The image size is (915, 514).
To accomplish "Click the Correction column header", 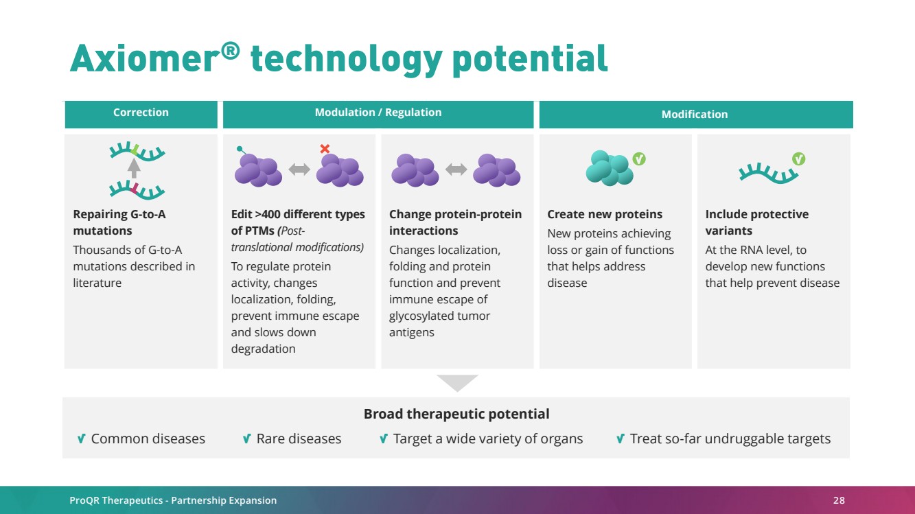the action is tap(141, 113).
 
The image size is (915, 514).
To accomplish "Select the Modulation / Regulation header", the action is tap(378, 113).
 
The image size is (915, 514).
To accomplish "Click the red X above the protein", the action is tap(325, 149).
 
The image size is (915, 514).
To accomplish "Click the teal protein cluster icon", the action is tap(610, 168).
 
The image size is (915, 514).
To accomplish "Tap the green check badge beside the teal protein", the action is tap(639, 159).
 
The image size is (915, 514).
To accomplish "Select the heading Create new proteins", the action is tap(605, 214).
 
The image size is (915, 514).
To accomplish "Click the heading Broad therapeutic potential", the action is tap(456, 414).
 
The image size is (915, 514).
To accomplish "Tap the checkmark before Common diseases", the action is tap(81, 439).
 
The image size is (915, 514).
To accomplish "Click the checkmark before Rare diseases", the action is tap(246, 439).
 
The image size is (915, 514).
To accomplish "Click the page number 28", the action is tap(839, 500).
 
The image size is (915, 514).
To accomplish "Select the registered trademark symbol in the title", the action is tap(231, 50).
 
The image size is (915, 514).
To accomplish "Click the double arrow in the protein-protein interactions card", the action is tap(456, 169).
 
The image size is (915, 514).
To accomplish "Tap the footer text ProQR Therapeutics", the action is tap(116, 500).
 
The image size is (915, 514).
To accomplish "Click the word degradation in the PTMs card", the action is tap(263, 349).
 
